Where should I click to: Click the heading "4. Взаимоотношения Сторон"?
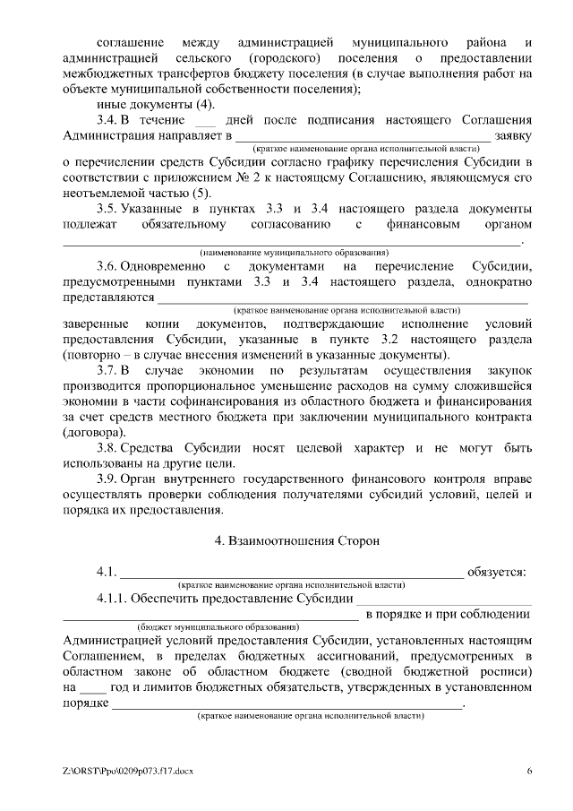click(x=297, y=541)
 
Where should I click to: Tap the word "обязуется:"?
click(x=498, y=572)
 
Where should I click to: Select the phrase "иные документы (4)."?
click(x=155, y=104)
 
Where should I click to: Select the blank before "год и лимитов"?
click(x=93, y=687)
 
